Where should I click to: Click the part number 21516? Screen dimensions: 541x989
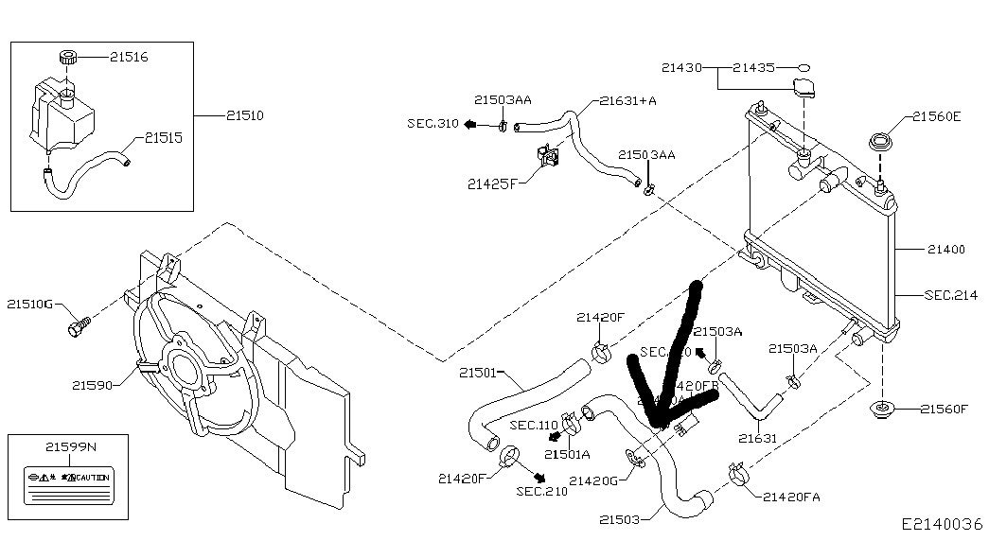pyautogui.click(x=128, y=58)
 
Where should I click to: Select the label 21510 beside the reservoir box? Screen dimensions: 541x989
pyautogui.click(x=244, y=116)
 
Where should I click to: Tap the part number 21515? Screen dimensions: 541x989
pyautogui.click(x=163, y=138)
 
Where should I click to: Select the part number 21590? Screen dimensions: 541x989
pyautogui.click(x=92, y=385)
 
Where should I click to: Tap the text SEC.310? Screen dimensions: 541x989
pyautogui.click(x=433, y=124)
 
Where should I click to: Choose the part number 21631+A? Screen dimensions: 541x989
pyautogui.click(x=628, y=100)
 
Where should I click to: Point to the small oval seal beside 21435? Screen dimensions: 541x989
pyautogui.click(x=804, y=68)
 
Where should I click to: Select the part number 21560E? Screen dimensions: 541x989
pyautogui.click(x=937, y=117)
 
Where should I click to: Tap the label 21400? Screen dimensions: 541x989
pyautogui.click(x=945, y=250)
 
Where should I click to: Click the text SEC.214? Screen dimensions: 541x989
pyautogui.click(x=951, y=295)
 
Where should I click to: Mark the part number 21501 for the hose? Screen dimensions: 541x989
pyautogui.click(x=477, y=373)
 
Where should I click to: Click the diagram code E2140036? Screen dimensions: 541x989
pyautogui.click(x=942, y=523)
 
